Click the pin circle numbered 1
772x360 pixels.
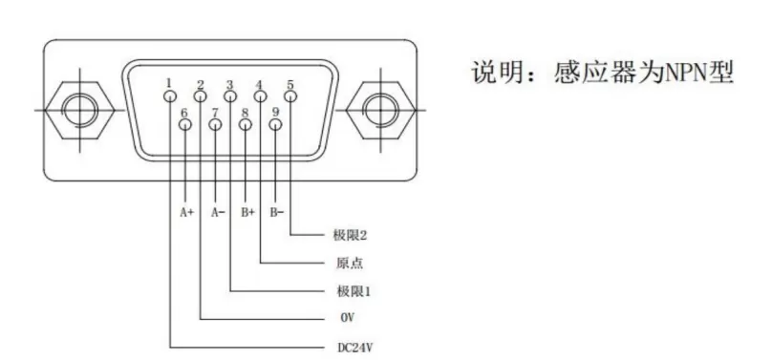pos(170,95)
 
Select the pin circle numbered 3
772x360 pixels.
pos(230,95)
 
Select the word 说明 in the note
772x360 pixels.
pos(498,73)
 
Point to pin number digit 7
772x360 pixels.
pos(216,112)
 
